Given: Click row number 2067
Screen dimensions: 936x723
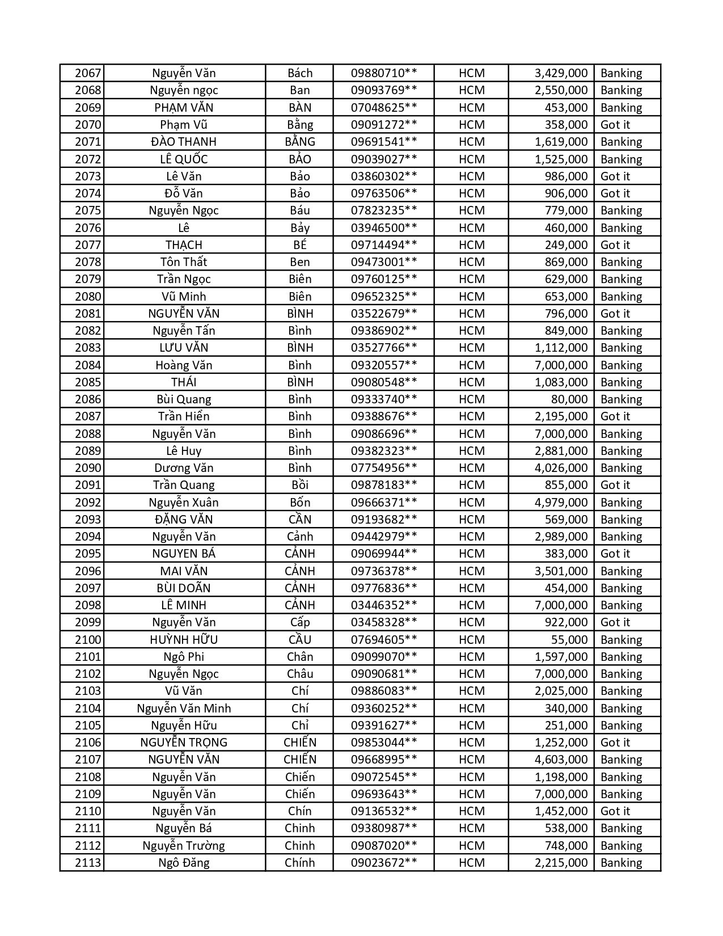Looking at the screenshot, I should (88, 73).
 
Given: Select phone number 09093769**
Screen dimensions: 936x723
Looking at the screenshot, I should (384, 90).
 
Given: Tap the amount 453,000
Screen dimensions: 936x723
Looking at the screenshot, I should (565, 108).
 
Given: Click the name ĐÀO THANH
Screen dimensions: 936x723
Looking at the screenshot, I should (184, 142).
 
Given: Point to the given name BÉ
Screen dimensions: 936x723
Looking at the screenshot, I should (299, 245).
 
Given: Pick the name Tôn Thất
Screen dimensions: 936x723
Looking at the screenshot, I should (184, 262).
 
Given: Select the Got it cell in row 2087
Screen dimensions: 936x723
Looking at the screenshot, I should (615, 416).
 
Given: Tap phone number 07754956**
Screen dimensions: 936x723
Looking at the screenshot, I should (384, 468).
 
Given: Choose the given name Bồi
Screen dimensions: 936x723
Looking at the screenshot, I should (299, 485).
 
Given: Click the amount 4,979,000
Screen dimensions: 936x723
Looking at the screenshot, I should (561, 503).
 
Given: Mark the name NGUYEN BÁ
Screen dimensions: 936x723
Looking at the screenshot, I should (184, 554).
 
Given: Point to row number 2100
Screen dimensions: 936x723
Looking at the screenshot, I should (88, 640).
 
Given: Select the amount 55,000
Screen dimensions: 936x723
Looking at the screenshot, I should (569, 640).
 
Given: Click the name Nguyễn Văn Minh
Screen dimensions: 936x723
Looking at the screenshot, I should (184, 709).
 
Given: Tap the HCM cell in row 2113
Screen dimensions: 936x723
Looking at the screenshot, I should (471, 863).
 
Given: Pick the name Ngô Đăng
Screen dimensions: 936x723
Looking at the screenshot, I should (184, 863).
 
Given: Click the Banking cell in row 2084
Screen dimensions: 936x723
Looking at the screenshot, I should (621, 365).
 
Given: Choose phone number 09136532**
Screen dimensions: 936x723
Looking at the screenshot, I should (384, 811).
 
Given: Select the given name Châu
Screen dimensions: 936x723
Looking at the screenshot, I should (299, 674).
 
